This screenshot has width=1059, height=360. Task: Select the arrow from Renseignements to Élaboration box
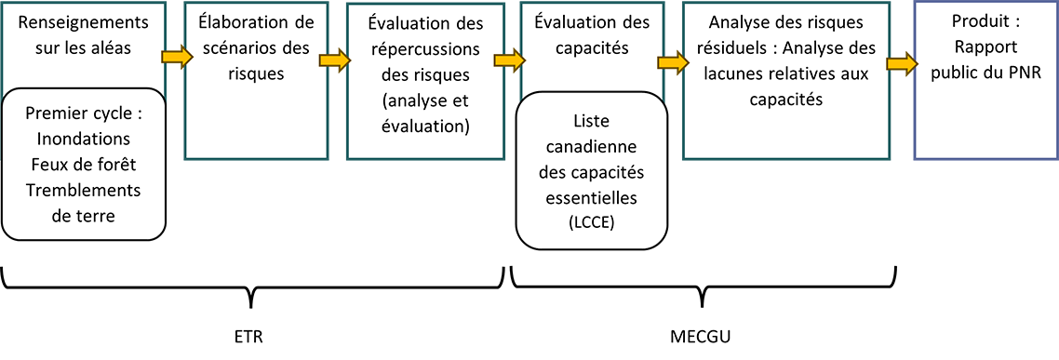point(175,58)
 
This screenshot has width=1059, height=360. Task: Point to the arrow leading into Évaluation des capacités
point(508,58)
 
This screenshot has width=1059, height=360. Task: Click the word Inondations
point(83,140)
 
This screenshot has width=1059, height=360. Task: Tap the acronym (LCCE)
point(592,220)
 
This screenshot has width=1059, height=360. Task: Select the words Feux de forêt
point(83,165)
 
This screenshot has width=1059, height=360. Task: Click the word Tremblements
point(83,190)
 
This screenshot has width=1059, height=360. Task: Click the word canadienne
point(592,148)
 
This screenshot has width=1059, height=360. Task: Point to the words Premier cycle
point(83,114)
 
